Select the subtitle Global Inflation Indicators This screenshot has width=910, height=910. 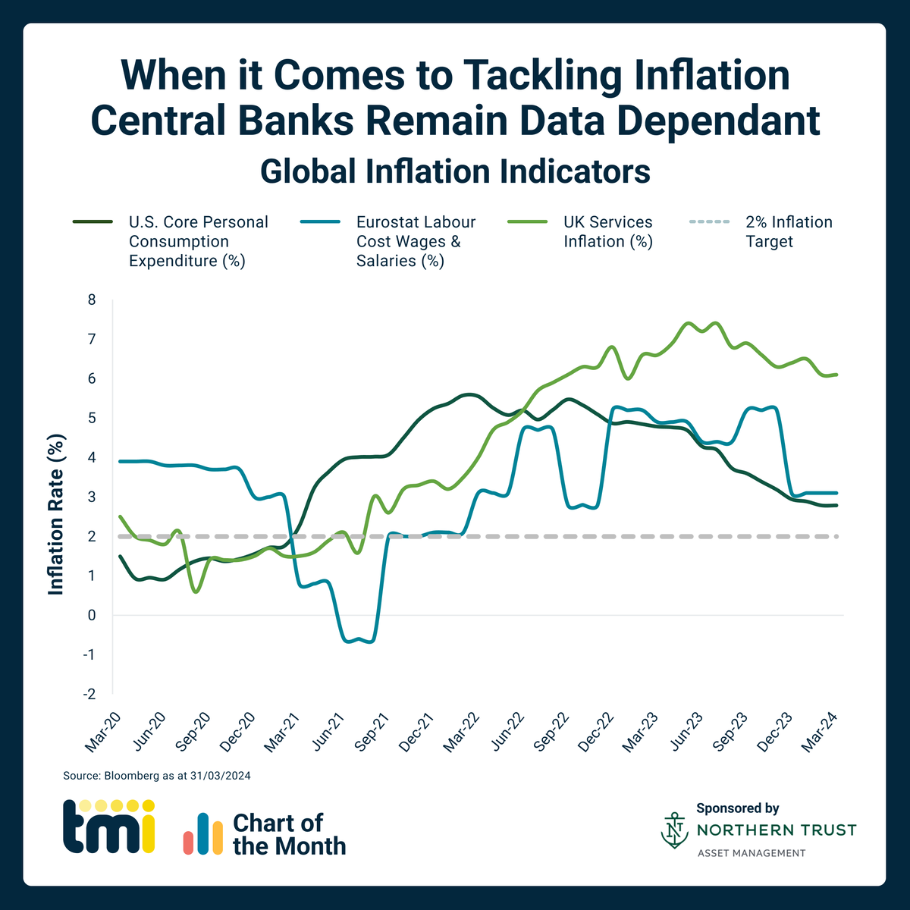pyautogui.click(x=455, y=171)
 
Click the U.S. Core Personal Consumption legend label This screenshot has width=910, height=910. pyautogui.click(x=199, y=241)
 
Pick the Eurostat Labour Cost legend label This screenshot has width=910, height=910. pyautogui.click(x=416, y=241)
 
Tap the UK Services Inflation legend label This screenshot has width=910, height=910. pyautogui.click(x=607, y=231)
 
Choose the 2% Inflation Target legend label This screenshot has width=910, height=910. pyautogui.click(x=789, y=231)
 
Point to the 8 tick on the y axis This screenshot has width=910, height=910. pyautogui.click(x=92, y=300)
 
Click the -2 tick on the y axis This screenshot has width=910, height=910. pyautogui.click(x=89, y=694)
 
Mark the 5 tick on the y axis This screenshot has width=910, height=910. pyautogui.click(x=92, y=418)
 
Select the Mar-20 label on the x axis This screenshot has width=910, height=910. pyautogui.click(x=104, y=732)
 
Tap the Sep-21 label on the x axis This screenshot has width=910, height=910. pyautogui.click(x=372, y=732)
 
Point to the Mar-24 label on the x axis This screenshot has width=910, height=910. pyautogui.click(x=820, y=732)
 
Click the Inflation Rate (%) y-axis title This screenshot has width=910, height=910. pyautogui.click(x=56, y=514)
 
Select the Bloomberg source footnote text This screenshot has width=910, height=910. pyautogui.click(x=157, y=776)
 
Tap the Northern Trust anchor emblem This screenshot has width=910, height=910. pyautogui.click(x=674, y=830)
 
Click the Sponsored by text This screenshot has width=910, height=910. pyautogui.click(x=737, y=808)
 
